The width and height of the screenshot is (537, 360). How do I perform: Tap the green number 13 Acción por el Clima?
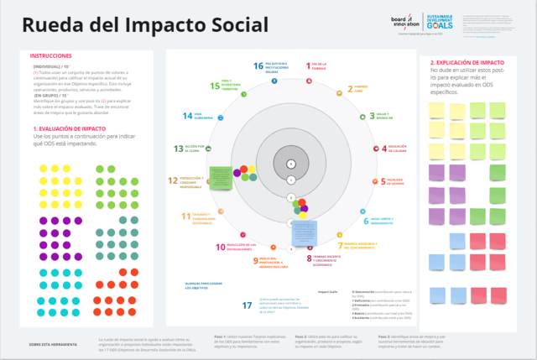point(179,149)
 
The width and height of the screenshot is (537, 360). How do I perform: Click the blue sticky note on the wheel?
point(305,232)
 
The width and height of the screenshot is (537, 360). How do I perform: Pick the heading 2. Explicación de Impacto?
point(467,62)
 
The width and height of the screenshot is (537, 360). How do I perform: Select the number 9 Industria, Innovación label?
point(256,261)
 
